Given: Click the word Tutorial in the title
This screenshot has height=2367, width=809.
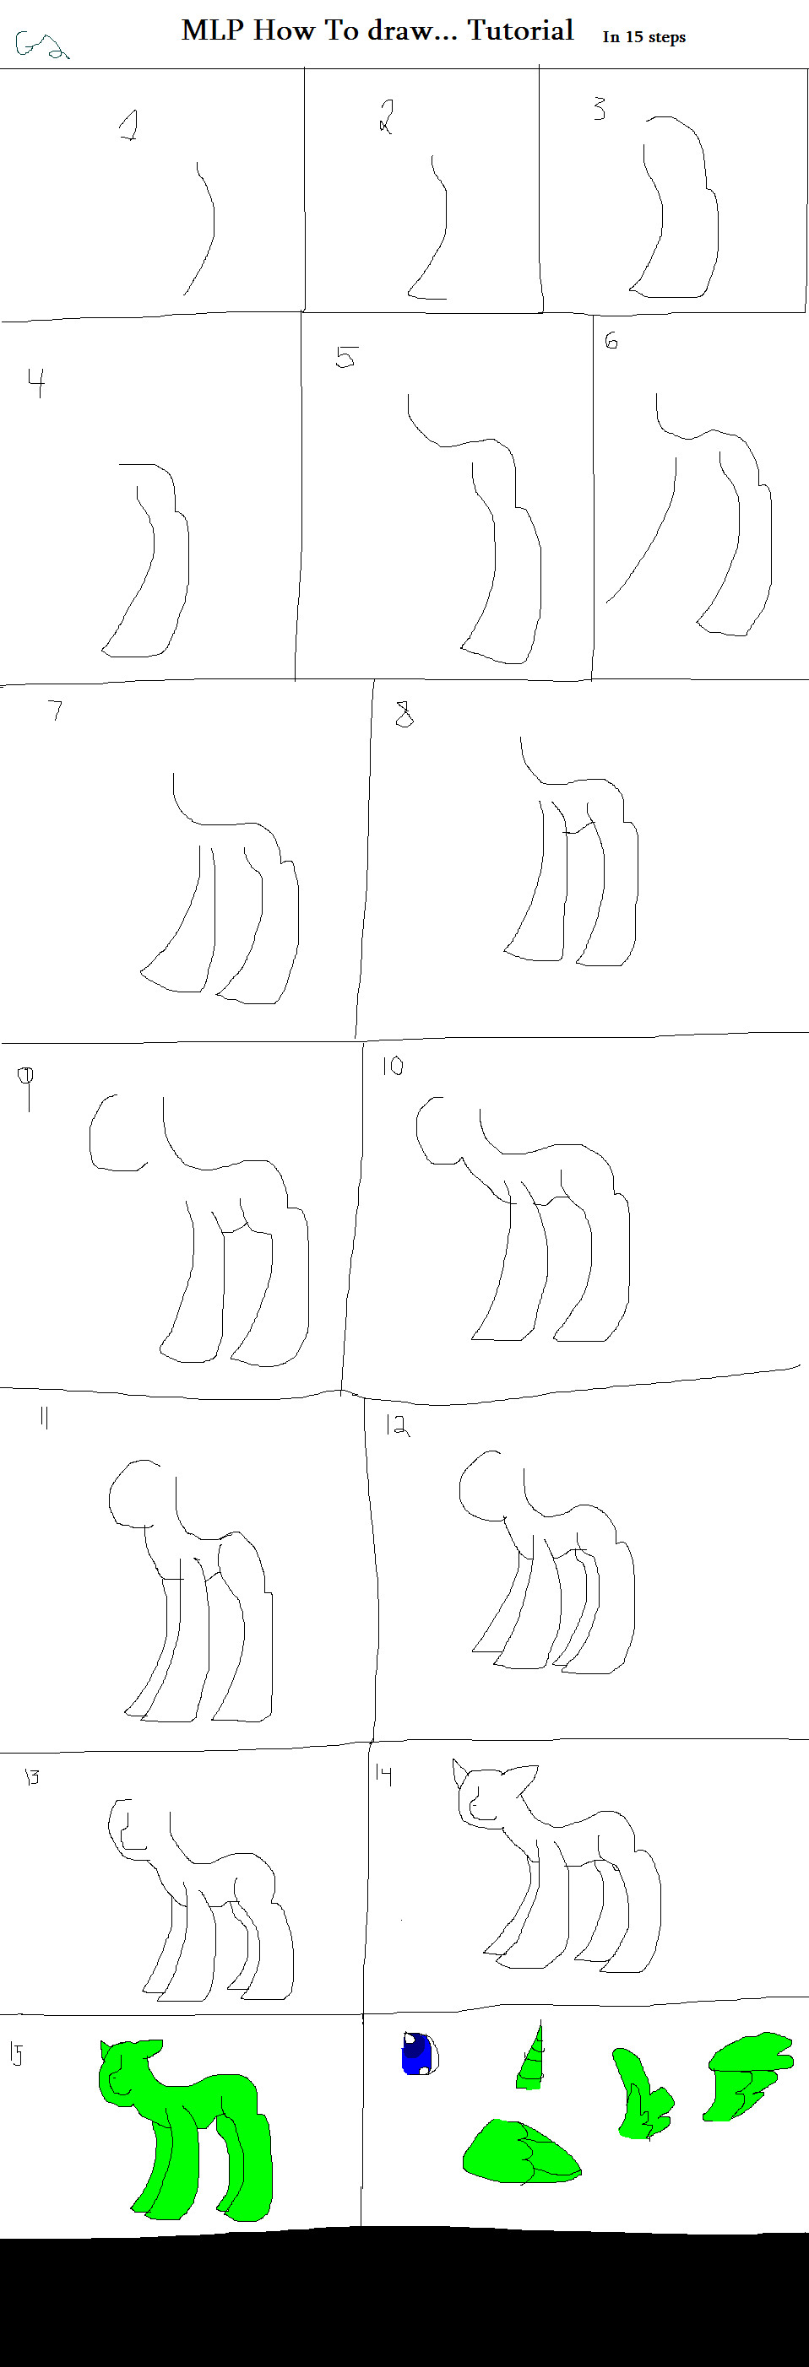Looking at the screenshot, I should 520,30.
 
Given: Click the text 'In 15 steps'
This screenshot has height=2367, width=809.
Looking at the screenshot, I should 643,37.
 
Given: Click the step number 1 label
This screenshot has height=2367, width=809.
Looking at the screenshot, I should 129,124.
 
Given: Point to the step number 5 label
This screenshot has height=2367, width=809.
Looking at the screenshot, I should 345,356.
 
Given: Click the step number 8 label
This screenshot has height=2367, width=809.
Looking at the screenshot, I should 404,714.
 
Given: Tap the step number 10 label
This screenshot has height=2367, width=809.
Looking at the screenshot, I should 393,1066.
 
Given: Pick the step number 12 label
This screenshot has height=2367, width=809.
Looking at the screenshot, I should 396,1425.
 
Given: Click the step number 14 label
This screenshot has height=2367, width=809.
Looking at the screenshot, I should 383,1775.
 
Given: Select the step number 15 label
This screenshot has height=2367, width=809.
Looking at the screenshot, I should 16,2054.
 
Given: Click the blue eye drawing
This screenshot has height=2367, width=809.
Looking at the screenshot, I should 418,2054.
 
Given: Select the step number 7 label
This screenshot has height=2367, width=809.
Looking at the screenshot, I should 56,710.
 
